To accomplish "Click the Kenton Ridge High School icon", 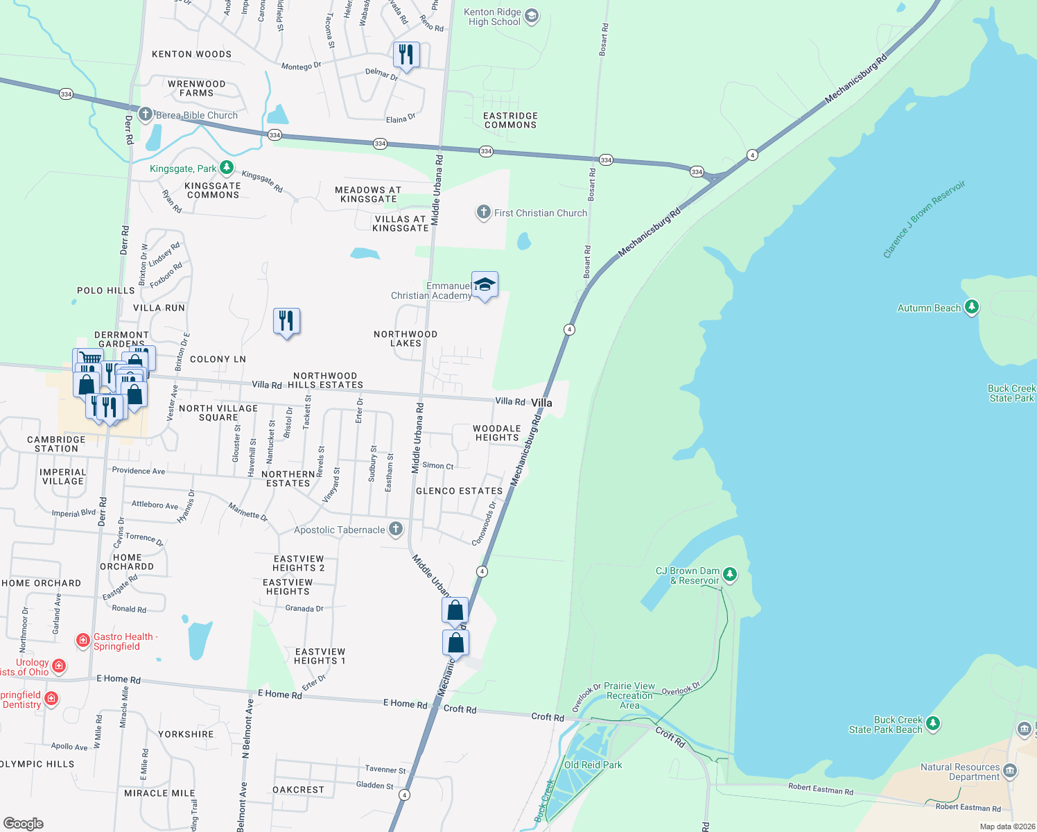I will point(532,16).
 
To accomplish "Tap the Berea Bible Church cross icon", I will point(145,114).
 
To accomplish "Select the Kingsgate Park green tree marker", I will point(227,168).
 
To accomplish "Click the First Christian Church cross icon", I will point(483,212).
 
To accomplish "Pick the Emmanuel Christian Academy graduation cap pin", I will point(485,285).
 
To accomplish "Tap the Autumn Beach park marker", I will point(972,307).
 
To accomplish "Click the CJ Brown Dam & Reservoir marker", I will point(729,574).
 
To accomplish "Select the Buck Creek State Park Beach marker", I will point(933,724).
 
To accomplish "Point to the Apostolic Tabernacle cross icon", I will point(396,530).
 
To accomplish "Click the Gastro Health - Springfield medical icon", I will point(83,640).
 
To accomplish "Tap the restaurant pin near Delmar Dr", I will point(406,55).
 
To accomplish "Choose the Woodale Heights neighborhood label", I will point(496,433).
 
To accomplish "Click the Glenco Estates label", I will point(459,491).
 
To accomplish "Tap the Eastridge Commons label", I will point(510,121).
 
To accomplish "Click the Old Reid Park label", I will point(593,765).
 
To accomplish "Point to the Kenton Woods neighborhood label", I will point(191,54).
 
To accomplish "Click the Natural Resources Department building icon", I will point(1010,771).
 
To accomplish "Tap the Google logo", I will point(23,823).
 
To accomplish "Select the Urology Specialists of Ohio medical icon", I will point(59,666).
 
